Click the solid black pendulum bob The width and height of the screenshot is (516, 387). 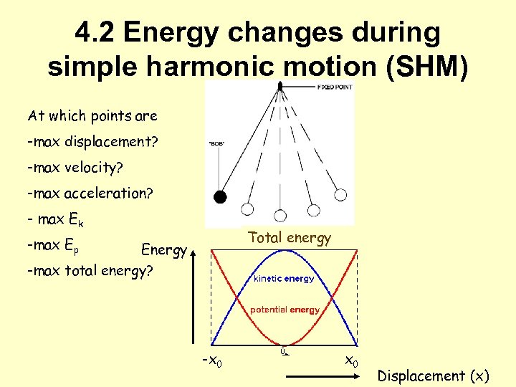click(x=221, y=197)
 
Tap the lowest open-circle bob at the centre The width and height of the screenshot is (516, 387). click(x=281, y=212)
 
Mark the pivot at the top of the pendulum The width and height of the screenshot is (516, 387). click(x=280, y=85)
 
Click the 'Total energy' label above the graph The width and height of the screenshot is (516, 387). click(x=290, y=238)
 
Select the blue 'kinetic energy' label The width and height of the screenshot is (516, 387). click(x=283, y=279)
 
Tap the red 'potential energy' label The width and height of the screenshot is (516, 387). click(x=284, y=310)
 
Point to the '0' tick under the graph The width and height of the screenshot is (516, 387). click(x=283, y=351)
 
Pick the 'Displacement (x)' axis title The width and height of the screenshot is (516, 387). click(x=433, y=376)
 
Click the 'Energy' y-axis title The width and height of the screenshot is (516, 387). click(x=164, y=250)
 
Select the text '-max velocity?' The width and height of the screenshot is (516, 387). click(x=75, y=167)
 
